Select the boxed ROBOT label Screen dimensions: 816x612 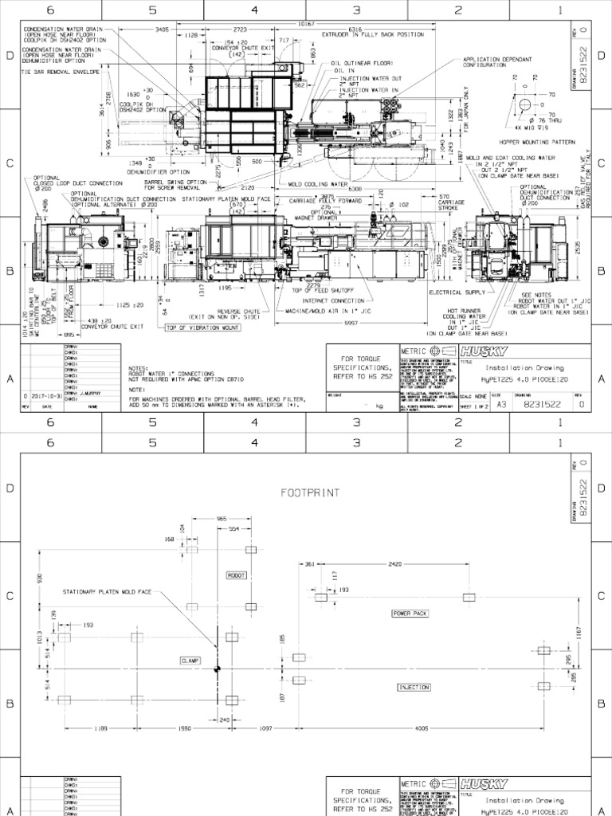click(x=237, y=575)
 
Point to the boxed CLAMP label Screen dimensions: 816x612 click(x=190, y=661)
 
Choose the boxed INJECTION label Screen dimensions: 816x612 click(x=414, y=687)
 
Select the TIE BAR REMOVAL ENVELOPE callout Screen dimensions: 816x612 click(x=60, y=72)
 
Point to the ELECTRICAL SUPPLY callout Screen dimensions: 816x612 click(x=457, y=292)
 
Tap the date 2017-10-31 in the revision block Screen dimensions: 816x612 click(x=40, y=394)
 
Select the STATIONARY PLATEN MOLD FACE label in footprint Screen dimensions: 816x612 click(x=112, y=593)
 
